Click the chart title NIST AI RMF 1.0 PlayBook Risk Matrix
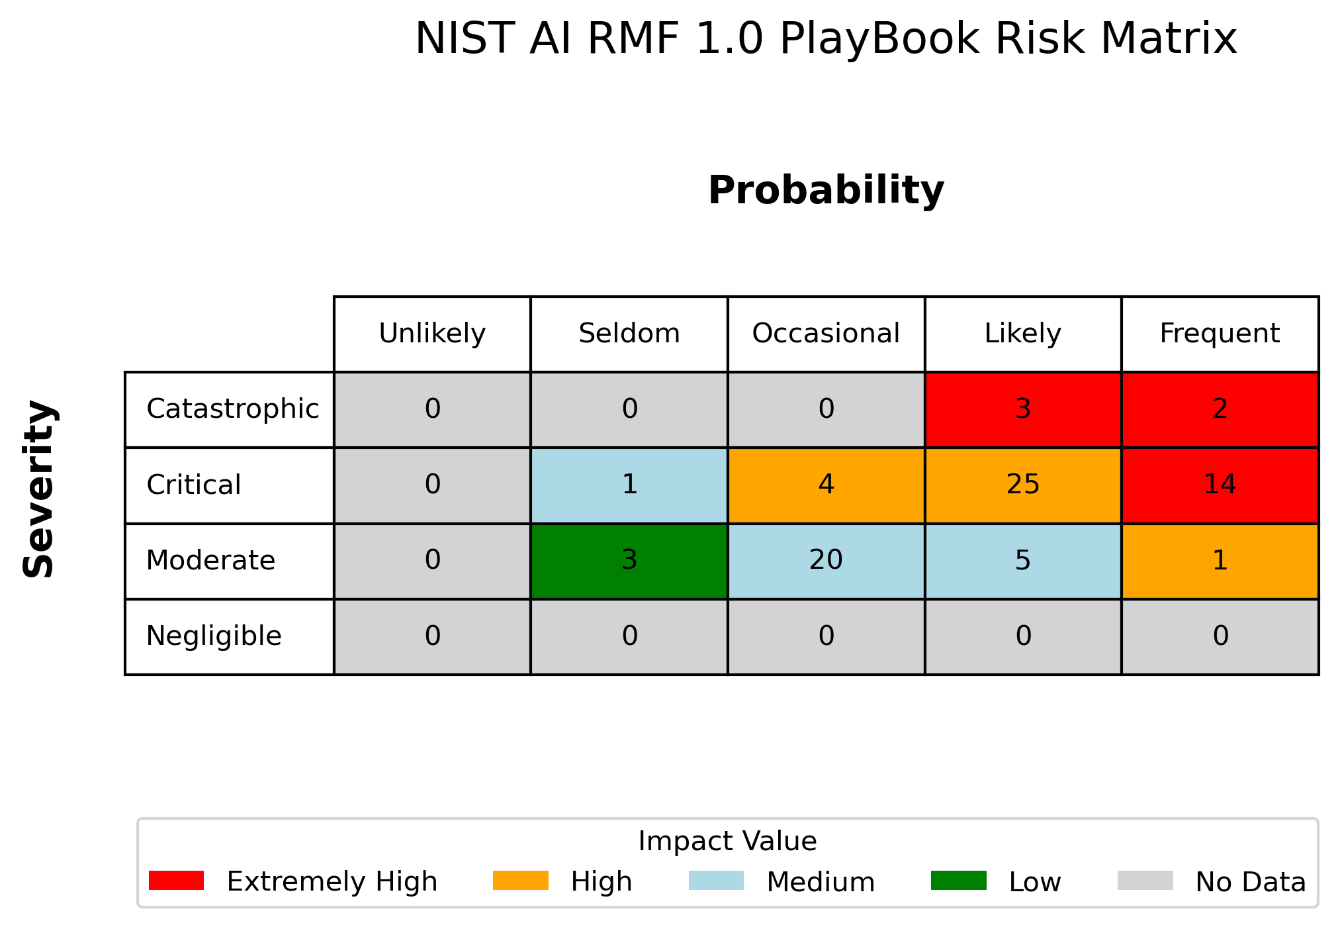pos(826,39)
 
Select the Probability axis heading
pos(826,191)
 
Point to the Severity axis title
pos(39,489)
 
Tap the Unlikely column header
pos(432,334)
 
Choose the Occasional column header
pos(826,334)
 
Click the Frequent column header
pos(1220,334)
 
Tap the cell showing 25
pos(1023,485)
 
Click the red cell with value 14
pos(1220,485)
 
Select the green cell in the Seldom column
pos(629,561)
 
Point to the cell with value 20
pos(826,561)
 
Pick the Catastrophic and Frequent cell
pos(1220,410)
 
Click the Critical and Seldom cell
pos(629,485)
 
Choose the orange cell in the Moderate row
pos(1220,561)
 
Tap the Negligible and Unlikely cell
pos(432,637)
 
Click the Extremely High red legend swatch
pos(176,881)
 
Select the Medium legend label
pos(821,882)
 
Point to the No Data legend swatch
pos(1145,881)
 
